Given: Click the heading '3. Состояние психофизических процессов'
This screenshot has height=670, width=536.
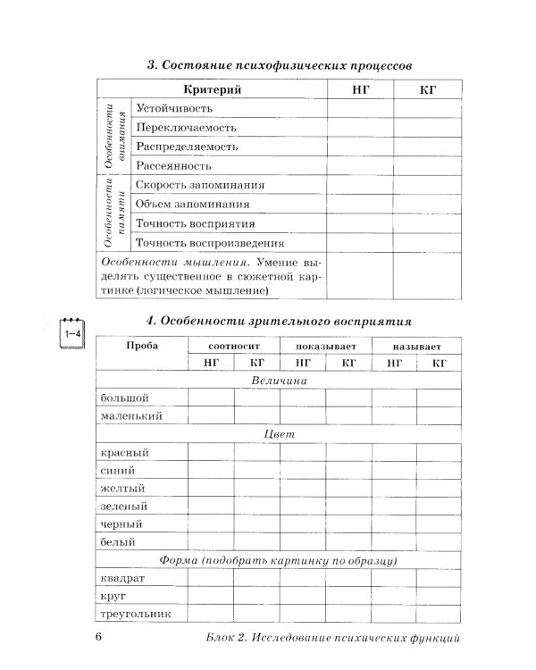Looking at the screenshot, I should [x=279, y=66].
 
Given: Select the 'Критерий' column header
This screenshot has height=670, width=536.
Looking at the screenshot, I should [x=212, y=90].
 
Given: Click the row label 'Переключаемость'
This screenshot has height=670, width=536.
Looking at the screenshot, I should [x=181, y=128].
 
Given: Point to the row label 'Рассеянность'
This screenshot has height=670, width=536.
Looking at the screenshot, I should [x=173, y=166].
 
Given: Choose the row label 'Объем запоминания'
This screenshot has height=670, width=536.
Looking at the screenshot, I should [x=188, y=205].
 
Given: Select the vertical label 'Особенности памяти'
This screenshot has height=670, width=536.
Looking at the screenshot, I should [x=112, y=214].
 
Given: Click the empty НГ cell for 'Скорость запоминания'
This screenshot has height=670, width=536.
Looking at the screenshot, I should [x=354, y=186].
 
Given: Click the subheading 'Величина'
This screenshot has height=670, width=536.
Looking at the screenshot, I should [x=279, y=381].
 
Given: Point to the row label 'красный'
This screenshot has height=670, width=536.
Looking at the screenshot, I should [x=124, y=452].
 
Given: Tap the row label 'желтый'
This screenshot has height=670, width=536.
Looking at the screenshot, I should [x=121, y=488].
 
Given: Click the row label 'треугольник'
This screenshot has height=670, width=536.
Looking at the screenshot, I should [x=131, y=614].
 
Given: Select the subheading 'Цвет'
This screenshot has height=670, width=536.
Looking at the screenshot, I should [x=279, y=434].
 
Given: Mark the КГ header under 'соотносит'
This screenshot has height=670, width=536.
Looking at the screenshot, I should [x=256, y=363].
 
